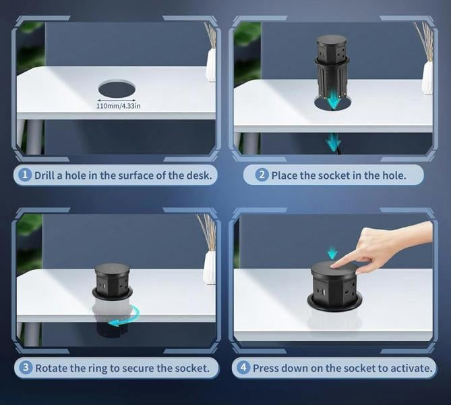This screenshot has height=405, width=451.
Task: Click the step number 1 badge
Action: click(x=25, y=175)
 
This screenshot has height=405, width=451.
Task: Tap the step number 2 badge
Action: click(x=262, y=175)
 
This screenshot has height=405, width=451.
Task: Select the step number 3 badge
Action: click(x=26, y=367)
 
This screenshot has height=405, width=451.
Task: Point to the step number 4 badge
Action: click(x=243, y=367)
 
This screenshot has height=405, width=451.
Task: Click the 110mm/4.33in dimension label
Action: click(x=118, y=106)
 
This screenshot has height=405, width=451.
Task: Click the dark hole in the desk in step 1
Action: click(x=117, y=89)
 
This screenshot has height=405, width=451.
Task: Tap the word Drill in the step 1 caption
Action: click(x=44, y=175)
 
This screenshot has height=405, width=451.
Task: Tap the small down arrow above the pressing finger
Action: click(x=332, y=252)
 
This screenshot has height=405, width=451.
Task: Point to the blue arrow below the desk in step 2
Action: click(x=333, y=142)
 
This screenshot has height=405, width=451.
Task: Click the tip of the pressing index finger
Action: click(x=332, y=267)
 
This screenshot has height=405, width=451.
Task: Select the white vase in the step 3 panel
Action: click(x=210, y=267)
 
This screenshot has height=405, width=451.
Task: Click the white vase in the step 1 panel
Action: click(x=211, y=65)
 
